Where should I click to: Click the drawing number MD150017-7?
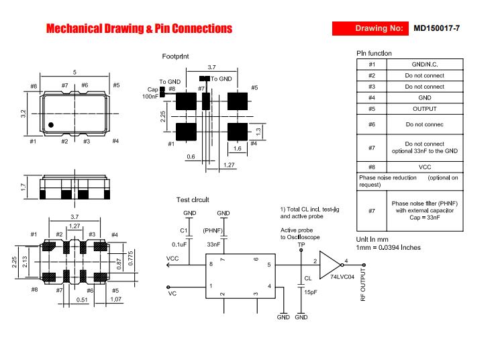436,28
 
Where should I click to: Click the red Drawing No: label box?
370,28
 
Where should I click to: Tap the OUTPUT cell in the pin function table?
425,109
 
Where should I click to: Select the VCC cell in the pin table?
425,167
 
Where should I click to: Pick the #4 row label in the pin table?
371,97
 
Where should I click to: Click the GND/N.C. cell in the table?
425,64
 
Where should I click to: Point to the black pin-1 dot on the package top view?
51,125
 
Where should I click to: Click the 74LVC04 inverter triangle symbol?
330,265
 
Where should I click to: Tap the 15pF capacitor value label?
310,292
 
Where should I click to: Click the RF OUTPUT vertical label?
362,285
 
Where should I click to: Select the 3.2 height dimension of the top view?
23,114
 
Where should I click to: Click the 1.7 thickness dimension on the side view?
23,187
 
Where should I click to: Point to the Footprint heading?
175,56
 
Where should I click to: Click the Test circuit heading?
193,200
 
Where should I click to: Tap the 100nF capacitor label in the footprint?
150,97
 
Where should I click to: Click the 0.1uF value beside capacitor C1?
179,244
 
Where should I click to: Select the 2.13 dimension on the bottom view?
25,262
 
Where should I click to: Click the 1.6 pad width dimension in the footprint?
237,148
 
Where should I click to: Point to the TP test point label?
301,244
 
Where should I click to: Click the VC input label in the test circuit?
172,294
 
